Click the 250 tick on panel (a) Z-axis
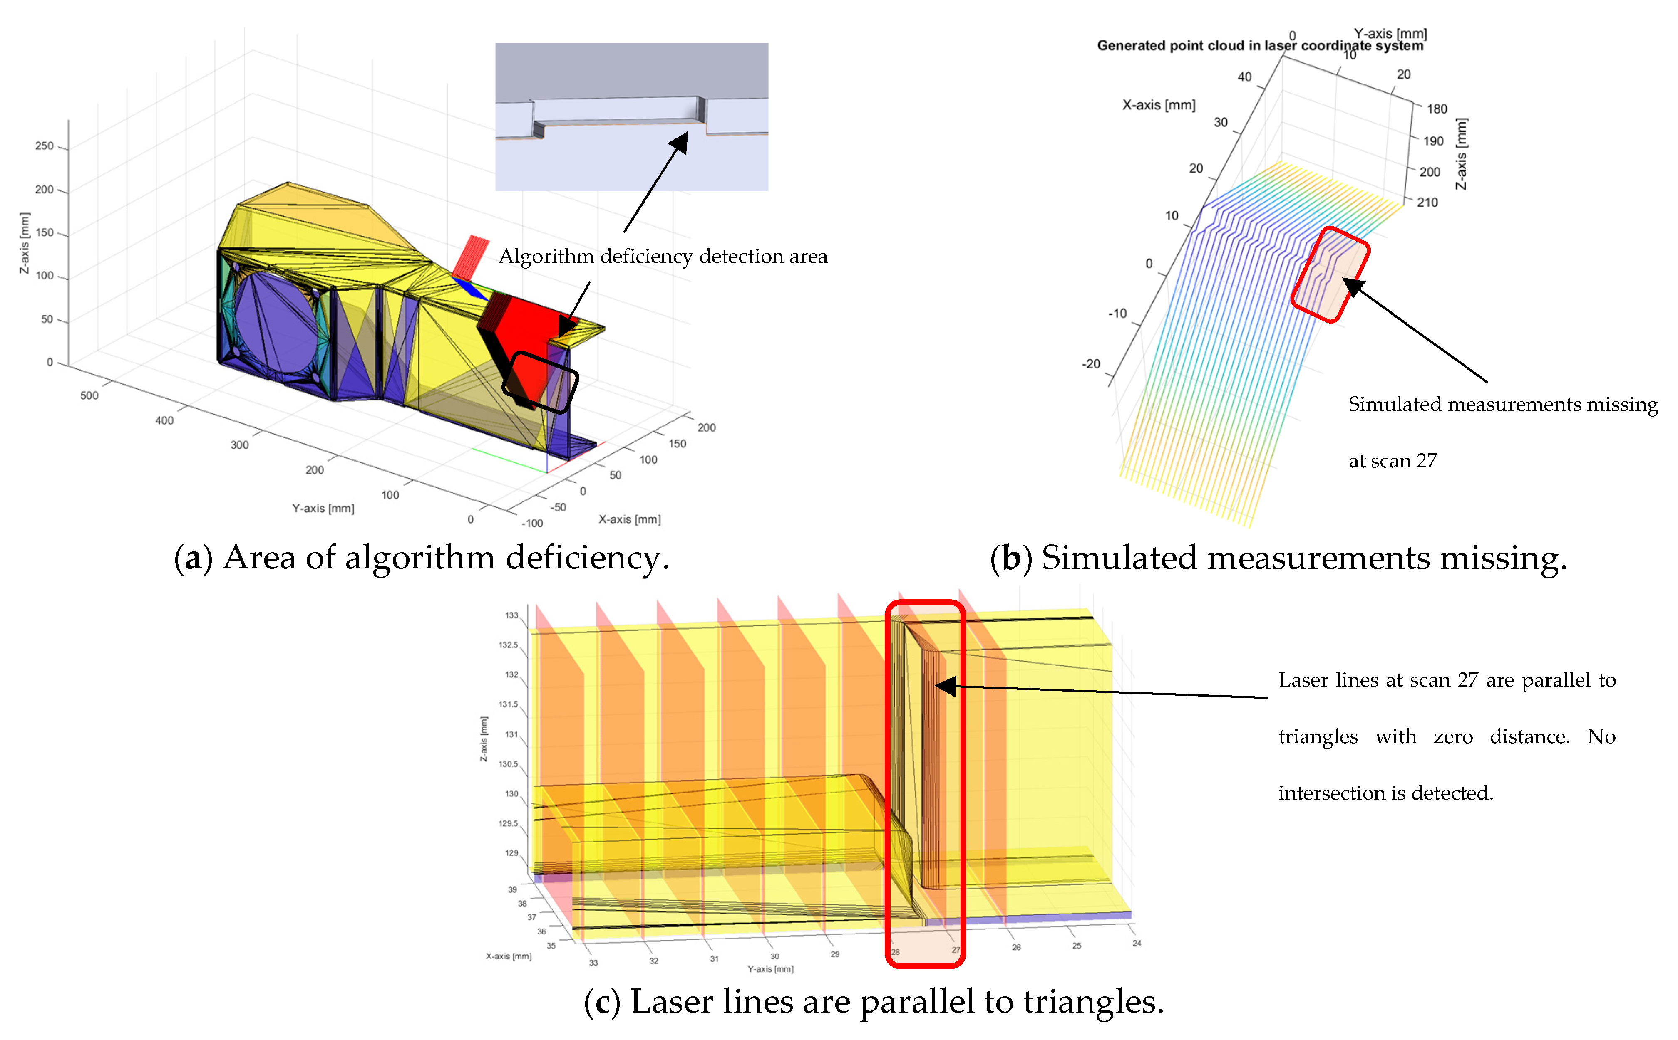pyautogui.click(x=44, y=146)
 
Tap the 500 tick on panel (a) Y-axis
pyautogui.click(x=89, y=395)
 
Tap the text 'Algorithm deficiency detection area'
pyautogui.click(x=662, y=257)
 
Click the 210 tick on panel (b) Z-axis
pyautogui.click(x=1427, y=202)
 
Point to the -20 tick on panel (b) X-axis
pyautogui.click(x=1091, y=364)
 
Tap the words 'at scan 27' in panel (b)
pyautogui.click(x=1392, y=461)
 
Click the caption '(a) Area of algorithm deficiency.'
pyautogui.click(x=421, y=557)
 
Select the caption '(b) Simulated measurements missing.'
pyautogui.click(x=1277, y=557)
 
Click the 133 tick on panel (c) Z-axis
pyautogui.click(x=511, y=615)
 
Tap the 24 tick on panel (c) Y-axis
pyautogui.click(x=1136, y=943)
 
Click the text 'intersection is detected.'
pyautogui.click(x=1385, y=793)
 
